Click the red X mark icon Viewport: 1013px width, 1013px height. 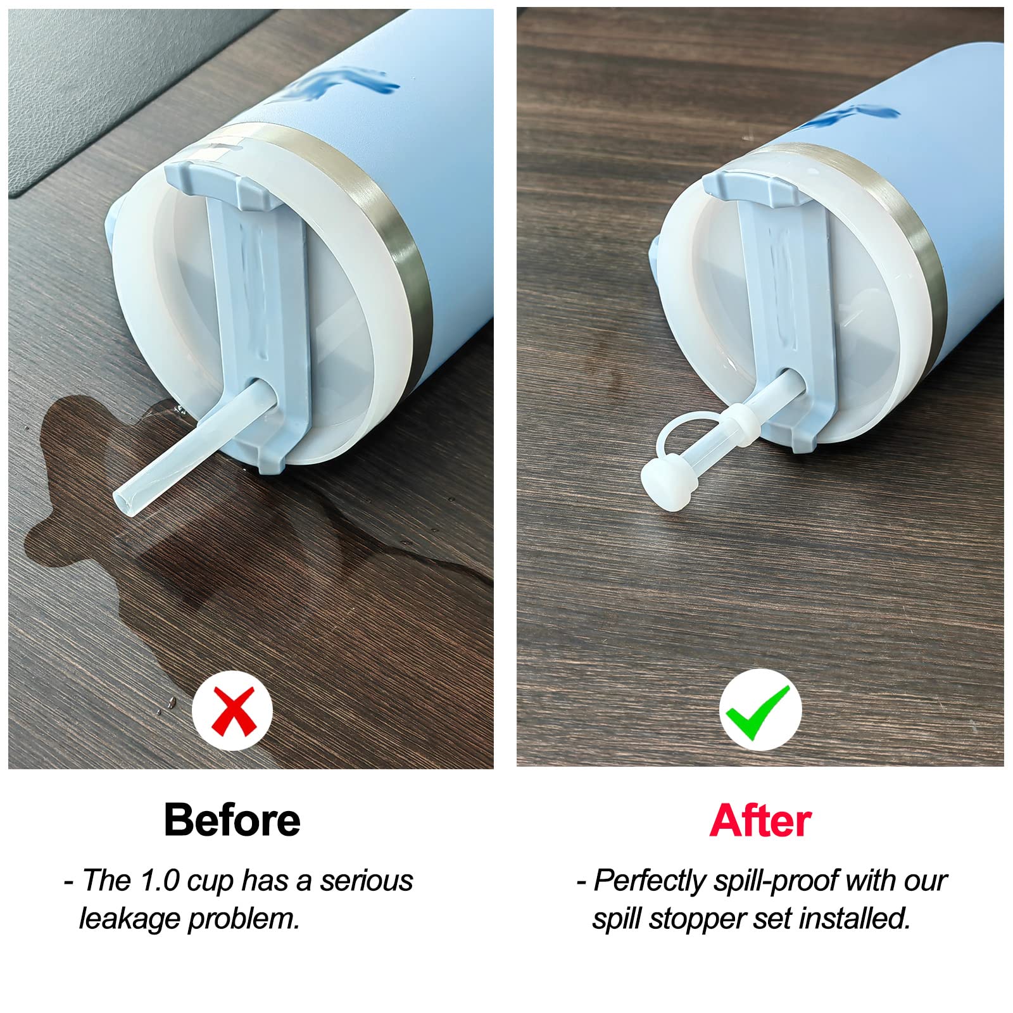click(x=232, y=710)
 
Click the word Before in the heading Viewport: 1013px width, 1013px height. click(x=232, y=820)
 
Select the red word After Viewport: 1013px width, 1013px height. click(x=760, y=821)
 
